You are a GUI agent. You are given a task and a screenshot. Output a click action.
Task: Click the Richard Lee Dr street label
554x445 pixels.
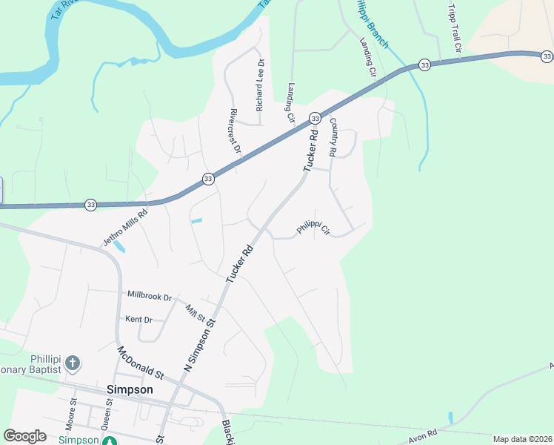(260, 90)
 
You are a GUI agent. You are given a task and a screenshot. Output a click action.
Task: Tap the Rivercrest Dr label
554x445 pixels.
(236, 131)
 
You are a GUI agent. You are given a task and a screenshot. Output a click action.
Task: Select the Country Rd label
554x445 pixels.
(333, 137)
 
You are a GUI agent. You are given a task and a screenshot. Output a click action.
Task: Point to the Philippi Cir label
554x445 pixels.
(313, 227)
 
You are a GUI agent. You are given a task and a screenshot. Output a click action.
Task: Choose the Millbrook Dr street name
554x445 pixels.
(150, 296)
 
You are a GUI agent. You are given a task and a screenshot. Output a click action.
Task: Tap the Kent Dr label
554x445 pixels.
(138, 320)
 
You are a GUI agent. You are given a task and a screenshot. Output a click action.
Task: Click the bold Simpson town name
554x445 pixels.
(130, 389)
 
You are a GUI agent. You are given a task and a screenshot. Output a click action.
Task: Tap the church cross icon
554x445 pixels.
(72, 363)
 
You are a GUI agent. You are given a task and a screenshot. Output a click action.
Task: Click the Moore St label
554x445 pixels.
(73, 414)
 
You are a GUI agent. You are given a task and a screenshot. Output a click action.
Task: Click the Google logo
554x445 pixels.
(24, 436)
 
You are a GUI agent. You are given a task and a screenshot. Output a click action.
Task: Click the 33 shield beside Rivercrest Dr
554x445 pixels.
(208, 179)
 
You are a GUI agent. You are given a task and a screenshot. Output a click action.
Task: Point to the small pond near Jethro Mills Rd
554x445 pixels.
(119, 245)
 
